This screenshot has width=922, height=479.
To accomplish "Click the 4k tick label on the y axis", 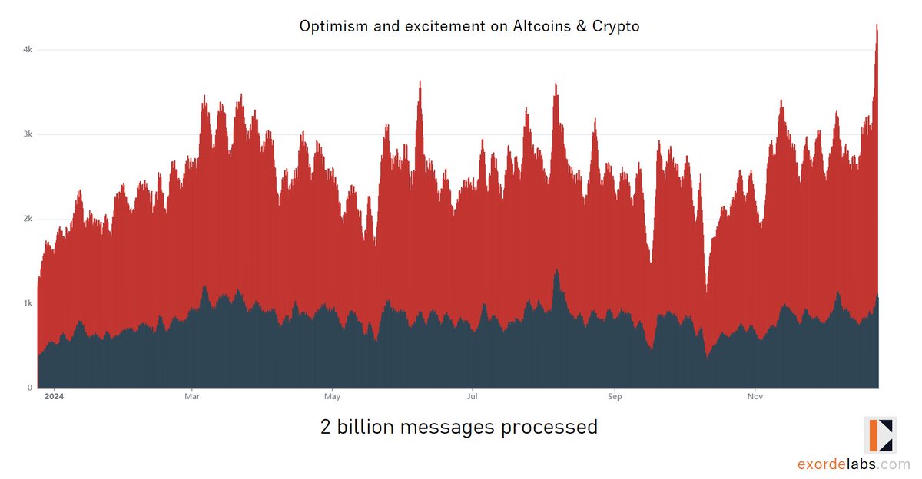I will click(x=27, y=50).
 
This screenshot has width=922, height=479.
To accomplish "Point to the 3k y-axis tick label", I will click(x=27, y=134).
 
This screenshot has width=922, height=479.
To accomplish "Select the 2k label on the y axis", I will click(x=27, y=219).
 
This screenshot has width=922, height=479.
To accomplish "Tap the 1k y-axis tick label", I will click(x=27, y=303).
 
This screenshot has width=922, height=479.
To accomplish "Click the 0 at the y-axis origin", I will click(x=29, y=388).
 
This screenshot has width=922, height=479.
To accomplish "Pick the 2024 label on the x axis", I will click(x=54, y=397).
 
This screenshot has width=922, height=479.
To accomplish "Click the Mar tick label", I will click(x=192, y=397).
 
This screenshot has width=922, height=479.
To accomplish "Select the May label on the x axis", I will click(x=332, y=397).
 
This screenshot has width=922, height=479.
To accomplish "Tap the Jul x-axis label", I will click(x=473, y=397).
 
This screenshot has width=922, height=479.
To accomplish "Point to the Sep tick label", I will click(x=614, y=397).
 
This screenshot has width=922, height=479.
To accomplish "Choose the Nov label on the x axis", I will click(x=755, y=397).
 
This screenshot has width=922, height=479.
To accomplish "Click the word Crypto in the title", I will click(x=613, y=26).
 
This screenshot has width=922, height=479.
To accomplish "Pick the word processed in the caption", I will click(x=549, y=427).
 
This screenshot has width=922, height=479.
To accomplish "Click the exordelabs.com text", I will click(x=853, y=464).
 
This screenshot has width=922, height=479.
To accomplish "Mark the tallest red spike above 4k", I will click(x=877, y=26).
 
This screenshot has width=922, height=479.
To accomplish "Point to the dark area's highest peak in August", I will click(x=556, y=271).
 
